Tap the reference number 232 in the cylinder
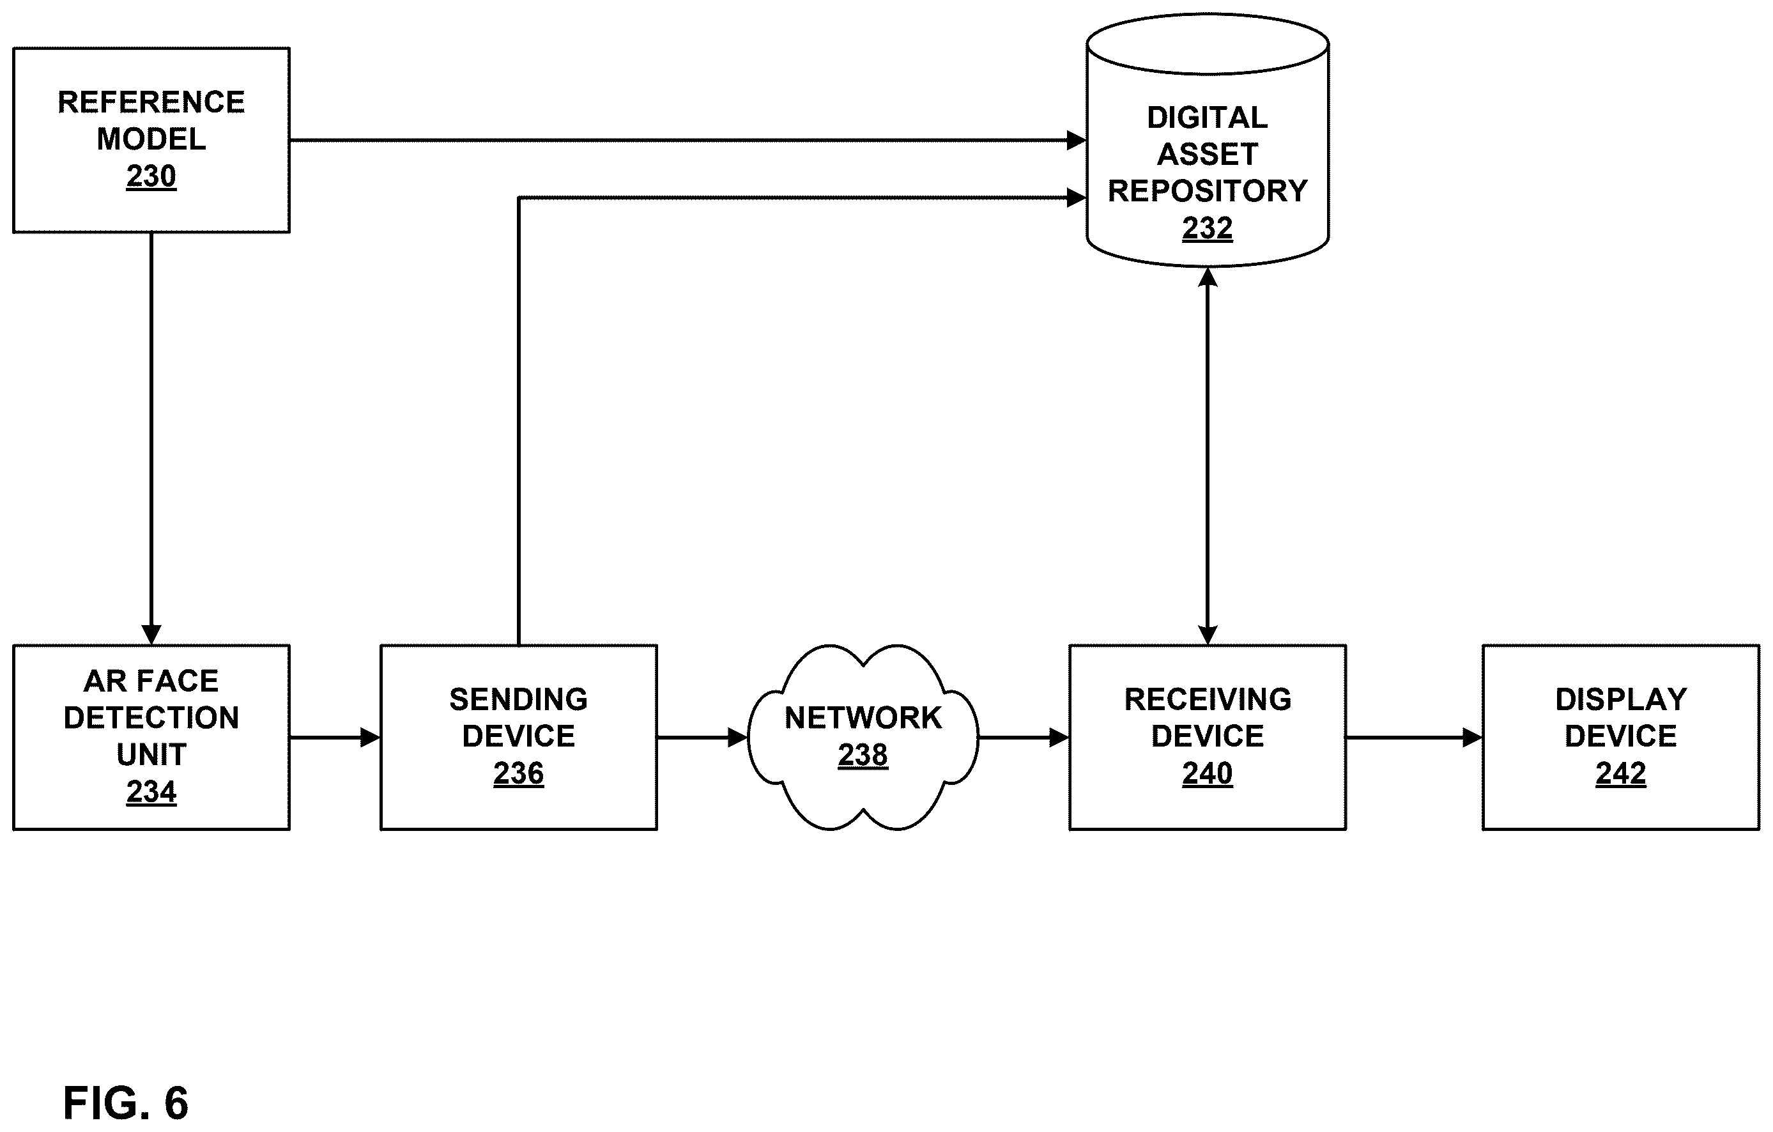pyautogui.click(x=1208, y=228)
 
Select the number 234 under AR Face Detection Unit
pyautogui.click(x=151, y=792)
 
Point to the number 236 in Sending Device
pyautogui.click(x=518, y=773)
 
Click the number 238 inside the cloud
pyautogui.click(x=863, y=755)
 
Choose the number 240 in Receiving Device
pyautogui.click(x=1208, y=773)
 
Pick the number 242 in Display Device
pyautogui.click(x=1620, y=773)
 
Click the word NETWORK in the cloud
pyautogui.click(x=863, y=717)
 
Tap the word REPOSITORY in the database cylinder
pyautogui.click(x=1208, y=190)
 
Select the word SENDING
pyautogui.click(x=518, y=699)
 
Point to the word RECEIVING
pyautogui.click(x=1208, y=699)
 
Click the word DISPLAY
pyautogui.click(x=1620, y=699)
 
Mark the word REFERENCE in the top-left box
pyautogui.click(x=151, y=102)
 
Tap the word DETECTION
pyautogui.click(x=151, y=717)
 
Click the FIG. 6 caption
pyautogui.click(x=126, y=1103)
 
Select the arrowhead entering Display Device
pyautogui.click(x=1472, y=737)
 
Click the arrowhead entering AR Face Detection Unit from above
pyautogui.click(x=151, y=635)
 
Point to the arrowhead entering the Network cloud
pyautogui.click(x=738, y=737)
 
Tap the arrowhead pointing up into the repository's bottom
pyautogui.click(x=1208, y=277)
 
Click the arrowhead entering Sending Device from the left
pyautogui.click(x=371, y=737)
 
